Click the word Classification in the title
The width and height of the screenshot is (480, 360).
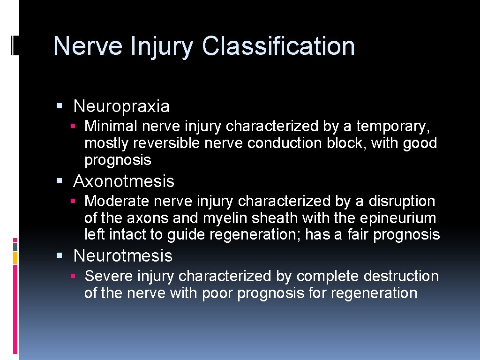[278, 46]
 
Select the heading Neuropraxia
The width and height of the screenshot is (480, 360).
[121, 106]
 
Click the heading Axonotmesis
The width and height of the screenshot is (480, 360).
[124, 181]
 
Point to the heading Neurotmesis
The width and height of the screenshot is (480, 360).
[123, 255]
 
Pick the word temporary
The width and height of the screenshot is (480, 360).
[393, 127]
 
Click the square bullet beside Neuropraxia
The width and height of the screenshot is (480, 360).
[59, 106]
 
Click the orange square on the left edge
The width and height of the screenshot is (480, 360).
[15, 257]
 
